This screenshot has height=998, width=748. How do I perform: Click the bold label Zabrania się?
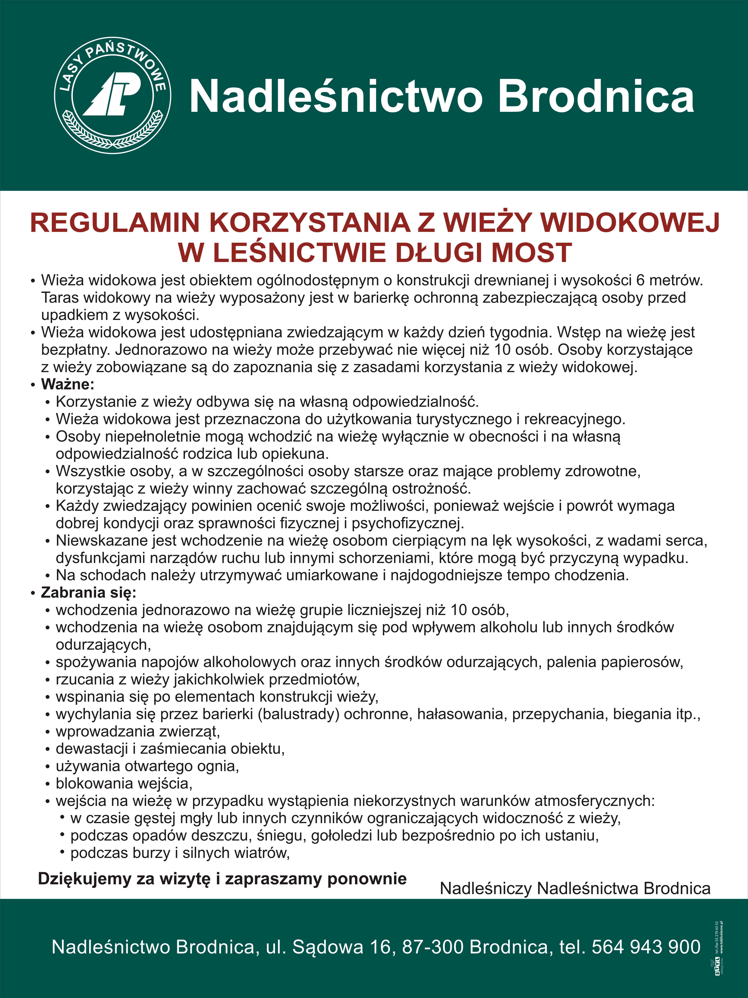[x=88, y=592]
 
